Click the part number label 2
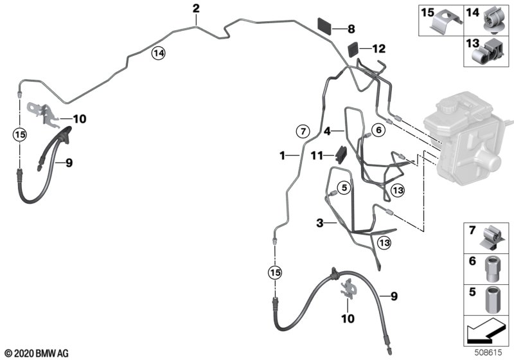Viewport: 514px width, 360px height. click(x=196, y=8)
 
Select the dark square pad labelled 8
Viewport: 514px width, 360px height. click(x=324, y=25)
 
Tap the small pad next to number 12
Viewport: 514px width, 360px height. click(x=353, y=50)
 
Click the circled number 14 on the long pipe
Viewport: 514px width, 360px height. click(x=158, y=53)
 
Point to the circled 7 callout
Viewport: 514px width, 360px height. click(x=303, y=132)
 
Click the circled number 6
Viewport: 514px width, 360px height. click(x=378, y=130)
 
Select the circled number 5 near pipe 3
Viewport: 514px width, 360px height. click(x=344, y=188)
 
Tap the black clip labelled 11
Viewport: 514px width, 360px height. click(x=340, y=154)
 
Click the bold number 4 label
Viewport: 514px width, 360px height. click(x=327, y=132)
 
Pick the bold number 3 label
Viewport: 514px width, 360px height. click(x=320, y=223)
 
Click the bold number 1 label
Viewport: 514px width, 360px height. click(x=282, y=156)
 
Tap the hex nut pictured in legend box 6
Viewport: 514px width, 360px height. click(x=491, y=269)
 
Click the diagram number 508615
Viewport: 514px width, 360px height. click(x=488, y=352)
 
